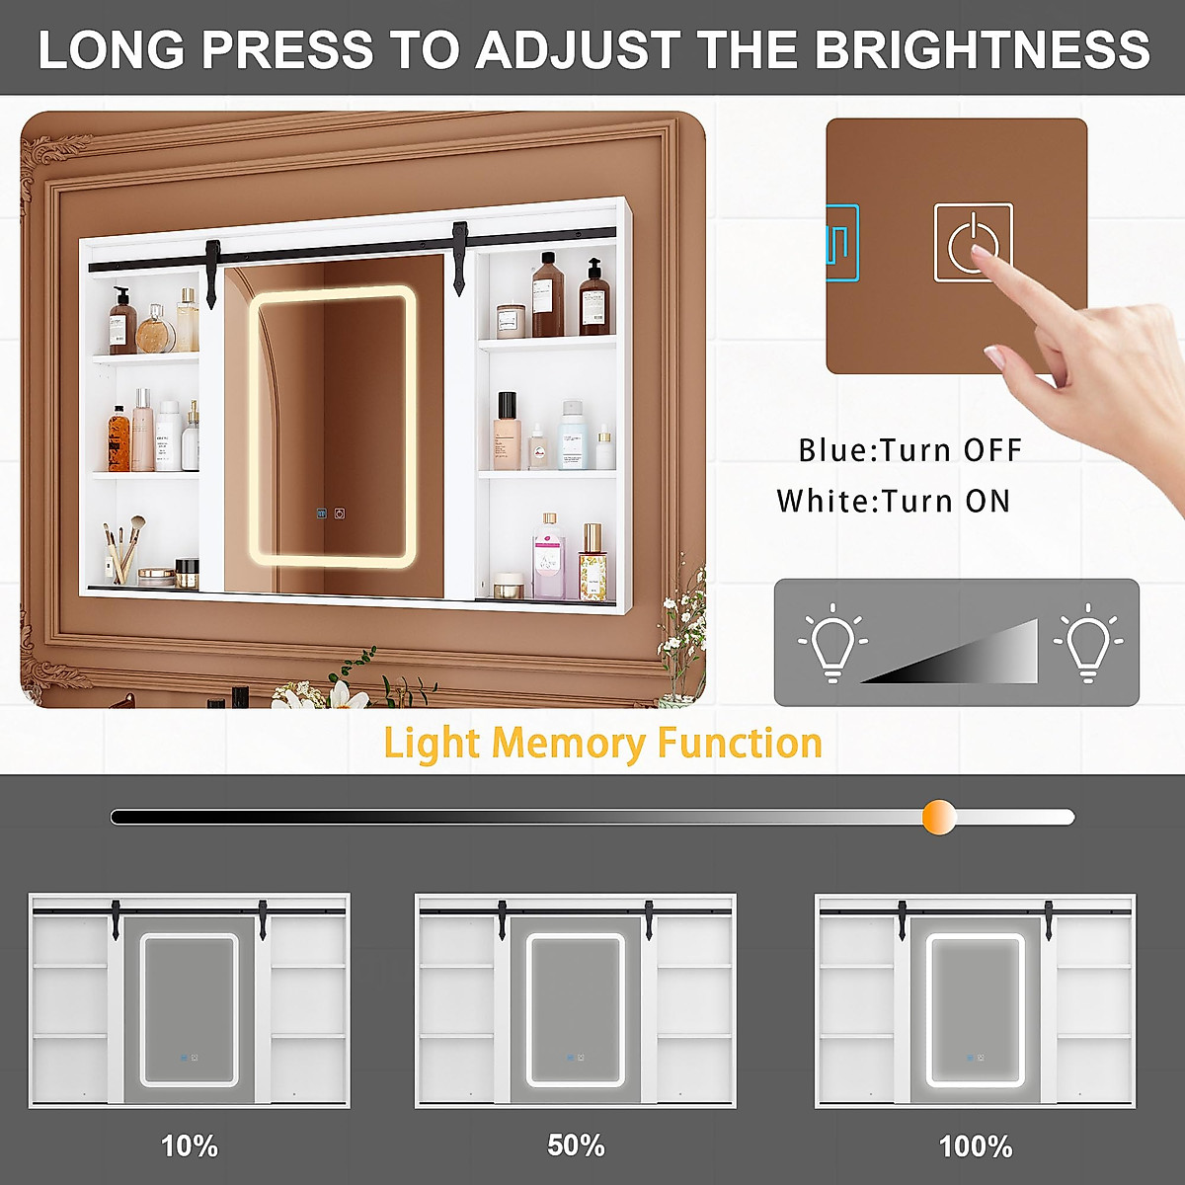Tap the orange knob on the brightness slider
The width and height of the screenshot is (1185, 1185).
(x=939, y=817)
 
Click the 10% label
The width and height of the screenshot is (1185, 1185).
(x=190, y=1145)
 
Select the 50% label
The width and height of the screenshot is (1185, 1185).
(x=576, y=1145)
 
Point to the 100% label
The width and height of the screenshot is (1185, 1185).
(x=976, y=1146)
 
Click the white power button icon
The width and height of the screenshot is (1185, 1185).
(x=973, y=243)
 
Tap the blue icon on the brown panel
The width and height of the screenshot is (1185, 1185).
(x=841, y=242)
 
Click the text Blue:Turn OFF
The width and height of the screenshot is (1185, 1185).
(x=909, y=450)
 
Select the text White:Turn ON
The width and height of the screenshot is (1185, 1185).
(x=894, y=501)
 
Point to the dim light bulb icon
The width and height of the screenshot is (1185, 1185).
(x=831, y=642)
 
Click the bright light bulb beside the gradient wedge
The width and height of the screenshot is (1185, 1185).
(x=1087, y=642)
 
